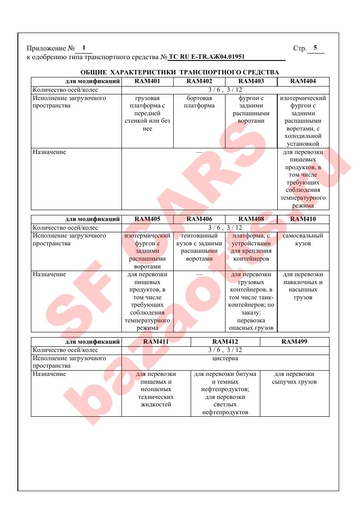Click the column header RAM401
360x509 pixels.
(x=147, y=81)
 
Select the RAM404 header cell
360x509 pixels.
(x=303, y=81)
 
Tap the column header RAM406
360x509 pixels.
(x=199, y=219)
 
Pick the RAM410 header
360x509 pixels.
(x=303, y=219)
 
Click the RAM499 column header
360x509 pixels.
(x=294, y=342)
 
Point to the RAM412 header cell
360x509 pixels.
(x=225, y=342)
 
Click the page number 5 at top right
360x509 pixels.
(x=315, y=48)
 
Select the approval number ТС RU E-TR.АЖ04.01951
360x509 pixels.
(x=206, y=57)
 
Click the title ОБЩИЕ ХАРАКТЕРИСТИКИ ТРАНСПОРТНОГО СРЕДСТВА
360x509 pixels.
(x=180, y=72)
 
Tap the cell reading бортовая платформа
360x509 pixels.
(x=199, y=102)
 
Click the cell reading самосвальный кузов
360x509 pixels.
(x=303, y=240)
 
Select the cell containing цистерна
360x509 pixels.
(x=225, y=358)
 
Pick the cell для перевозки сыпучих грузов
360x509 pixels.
(x=294, y=378)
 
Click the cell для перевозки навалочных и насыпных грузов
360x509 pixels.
(x=303, y=286)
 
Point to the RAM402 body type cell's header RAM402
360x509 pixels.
(x=199, y=81)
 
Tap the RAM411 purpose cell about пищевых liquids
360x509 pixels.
(x=156, y=389)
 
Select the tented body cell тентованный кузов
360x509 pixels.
(x=199, y=247)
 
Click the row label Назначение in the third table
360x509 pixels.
(x=50, y=374)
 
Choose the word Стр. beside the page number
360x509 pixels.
(x=299, y=48)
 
